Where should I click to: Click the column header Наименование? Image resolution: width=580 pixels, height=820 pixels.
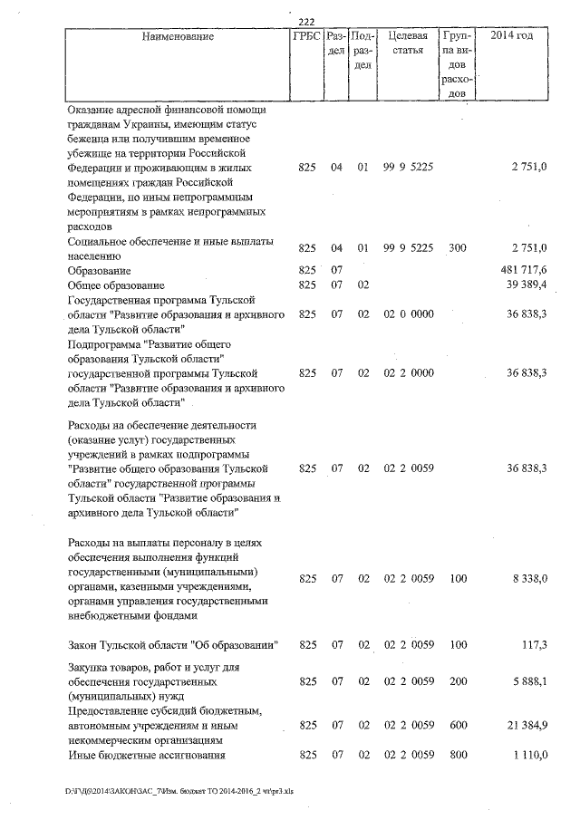(178, 36)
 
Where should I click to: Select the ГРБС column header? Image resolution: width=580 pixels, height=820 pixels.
(305, 36)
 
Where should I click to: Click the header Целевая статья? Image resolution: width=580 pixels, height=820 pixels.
(407, 43)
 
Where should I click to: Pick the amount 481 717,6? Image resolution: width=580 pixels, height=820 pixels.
(524, 271)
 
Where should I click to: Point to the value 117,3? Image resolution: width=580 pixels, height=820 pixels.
(536, 645)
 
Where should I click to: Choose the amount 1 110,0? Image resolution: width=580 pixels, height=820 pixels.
(530, 755)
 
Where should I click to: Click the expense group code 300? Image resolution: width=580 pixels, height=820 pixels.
(457, 248)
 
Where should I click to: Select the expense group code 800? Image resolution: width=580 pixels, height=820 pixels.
(457, 755)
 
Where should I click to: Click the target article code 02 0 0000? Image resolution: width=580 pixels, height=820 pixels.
(409, 314)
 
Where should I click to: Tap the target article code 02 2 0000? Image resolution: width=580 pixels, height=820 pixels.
(409, 373)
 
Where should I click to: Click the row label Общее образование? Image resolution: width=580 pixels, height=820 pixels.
(113, 285)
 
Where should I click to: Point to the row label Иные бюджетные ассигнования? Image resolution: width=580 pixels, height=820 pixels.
(145, 755)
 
